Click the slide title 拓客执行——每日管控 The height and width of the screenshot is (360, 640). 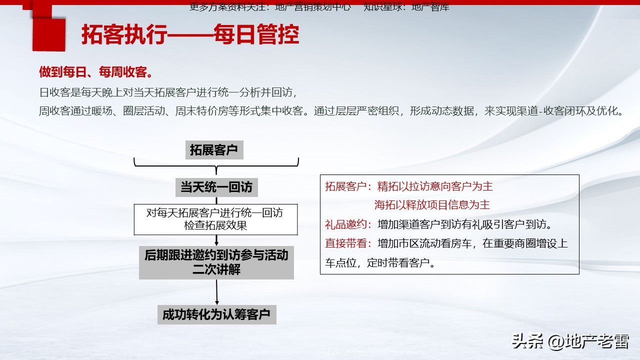pyautogui.click(x=190, y=35)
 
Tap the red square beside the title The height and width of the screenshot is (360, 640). pyautogui.click(x=48, y=34)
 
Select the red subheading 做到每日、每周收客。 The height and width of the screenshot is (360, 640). pyautogui.click(x=96, y=72)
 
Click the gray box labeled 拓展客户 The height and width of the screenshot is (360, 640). pyautogui.click(x=213, y=149)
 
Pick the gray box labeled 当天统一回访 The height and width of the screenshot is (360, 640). pyautogui.click(x=216, y=187)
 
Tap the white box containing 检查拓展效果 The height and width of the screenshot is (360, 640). pyautogui.click(x=215, y=219)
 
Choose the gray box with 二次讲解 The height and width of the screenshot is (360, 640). pyautogui.click(x=216, y=262)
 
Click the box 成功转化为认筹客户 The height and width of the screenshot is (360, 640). pyautogui.click(x=216, y=315)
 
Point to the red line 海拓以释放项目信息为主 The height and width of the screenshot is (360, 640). pyautogui.click(x=432, y=205)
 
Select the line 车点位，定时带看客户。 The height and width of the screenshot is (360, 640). pyautogui.click(x=380, y=263)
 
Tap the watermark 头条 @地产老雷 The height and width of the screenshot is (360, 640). pyautogui.click(x=570, y=341)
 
